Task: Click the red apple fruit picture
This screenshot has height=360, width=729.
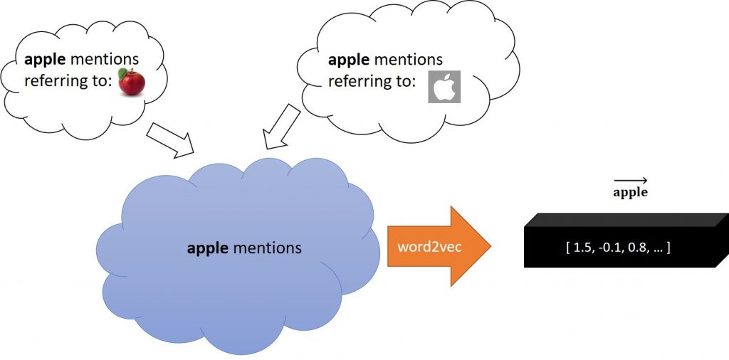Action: click(132, 83)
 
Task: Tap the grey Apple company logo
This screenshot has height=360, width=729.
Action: click(444, 87)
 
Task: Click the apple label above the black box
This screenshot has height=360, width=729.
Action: click(629, 193)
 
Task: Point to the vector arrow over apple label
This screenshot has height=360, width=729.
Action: click(629, 181)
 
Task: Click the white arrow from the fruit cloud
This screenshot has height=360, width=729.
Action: click(170, 138)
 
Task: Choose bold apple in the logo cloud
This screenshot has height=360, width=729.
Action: click(349, 59)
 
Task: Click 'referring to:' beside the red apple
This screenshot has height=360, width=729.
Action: click(68, 81)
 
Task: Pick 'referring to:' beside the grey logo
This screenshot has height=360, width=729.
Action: click(371, 82)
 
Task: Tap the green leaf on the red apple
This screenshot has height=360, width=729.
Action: click(122, 72)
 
